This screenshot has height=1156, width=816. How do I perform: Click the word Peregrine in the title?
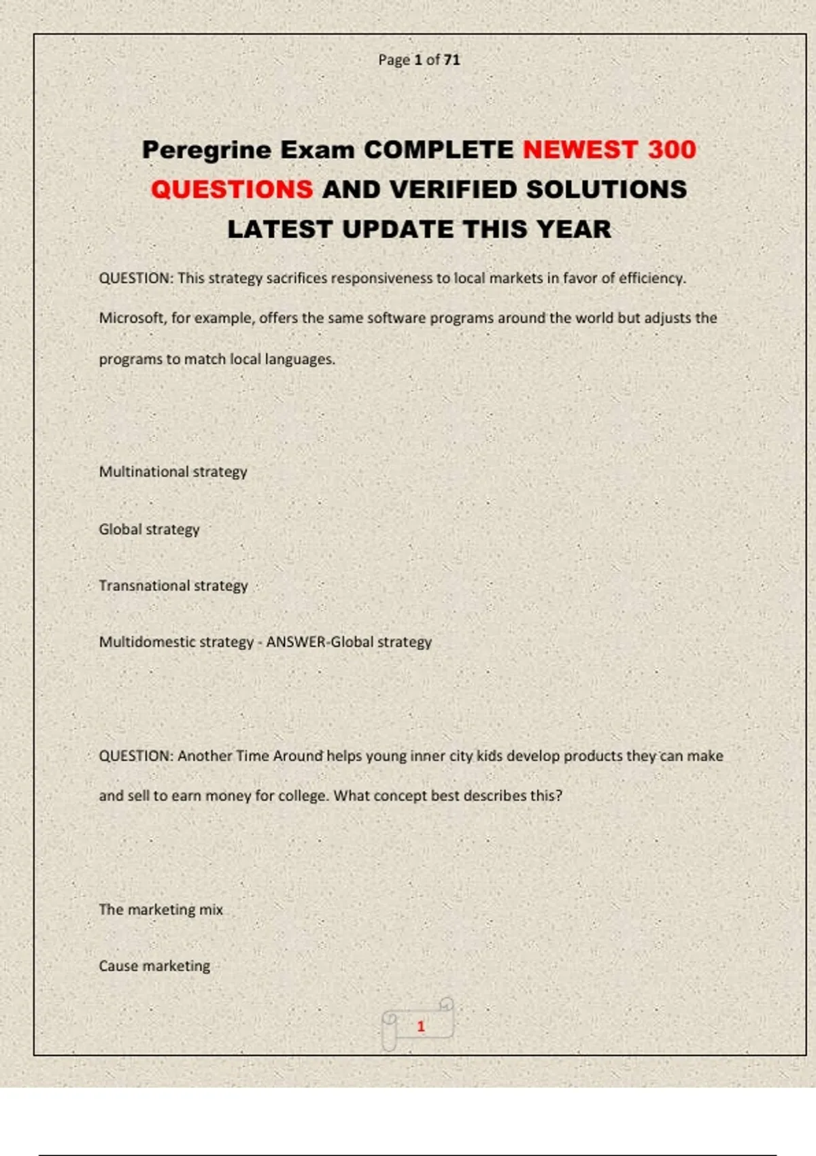tap(206, 150)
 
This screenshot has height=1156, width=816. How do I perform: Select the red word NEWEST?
tap(580, 150)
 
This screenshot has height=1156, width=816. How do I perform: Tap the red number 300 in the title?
tap(672, 150)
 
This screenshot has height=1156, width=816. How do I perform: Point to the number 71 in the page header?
tap(452, 60)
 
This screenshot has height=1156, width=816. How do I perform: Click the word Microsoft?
tap(131, 318)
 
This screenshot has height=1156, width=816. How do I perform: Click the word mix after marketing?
tap(211, 910)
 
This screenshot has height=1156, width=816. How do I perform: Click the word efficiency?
tap(651, 278)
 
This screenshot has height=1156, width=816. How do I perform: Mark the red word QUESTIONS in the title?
tap(232, 190)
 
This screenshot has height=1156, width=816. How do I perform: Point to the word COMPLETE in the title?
tap(439, 150)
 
